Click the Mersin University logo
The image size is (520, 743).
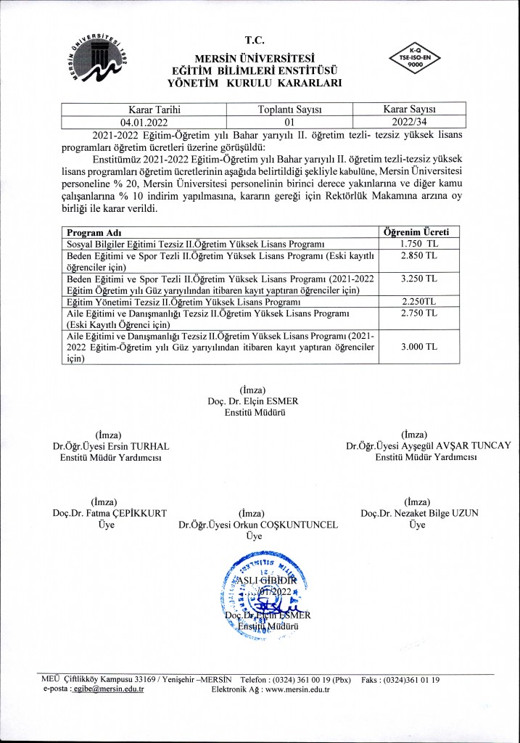coord(99,56)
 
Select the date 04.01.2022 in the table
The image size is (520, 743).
coord(144,122)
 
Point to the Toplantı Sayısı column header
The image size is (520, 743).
coord(289,109)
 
